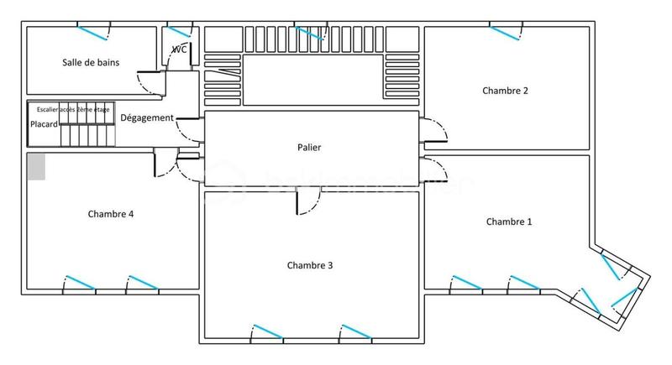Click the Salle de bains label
click(x=91, y=62)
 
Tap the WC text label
click(x=179, y=50)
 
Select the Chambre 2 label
click(x=505, y=91)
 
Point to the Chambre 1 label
click(x=509, y=222)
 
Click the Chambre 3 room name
click(x=310, y=265)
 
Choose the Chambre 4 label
click(x=111, y=214)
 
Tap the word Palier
click(x=309, y=148)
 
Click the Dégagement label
click(x=147, y=118)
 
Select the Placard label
click(x=44, y=124)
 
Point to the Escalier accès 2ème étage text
click(x=73, y=109)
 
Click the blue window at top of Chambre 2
click(x=507, y=33)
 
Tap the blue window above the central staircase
click(x=311, y=34)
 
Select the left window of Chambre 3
click(x=267, y=331)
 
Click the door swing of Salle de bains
click(x=151, y=82)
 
